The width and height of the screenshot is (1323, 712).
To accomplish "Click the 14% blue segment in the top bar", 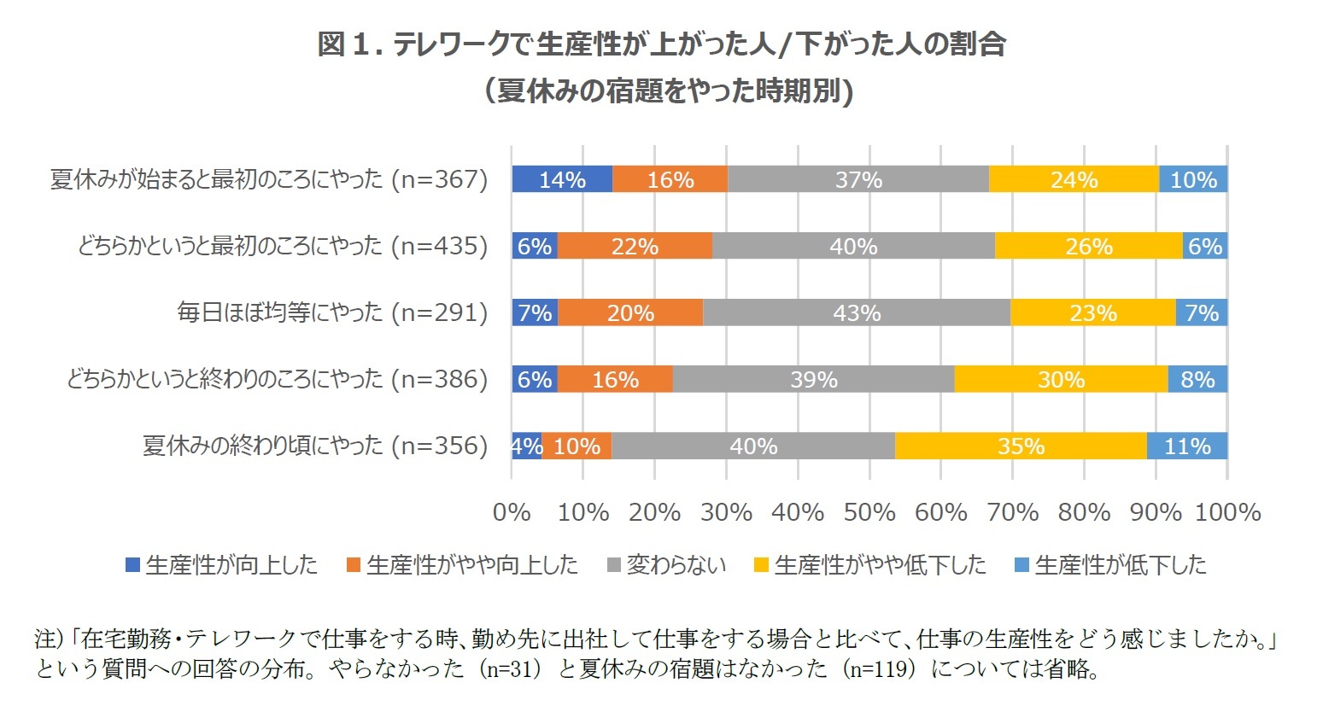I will point(562,179).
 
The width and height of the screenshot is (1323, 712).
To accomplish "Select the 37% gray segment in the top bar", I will point(858,179).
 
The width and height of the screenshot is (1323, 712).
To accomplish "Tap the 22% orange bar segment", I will point(635,246).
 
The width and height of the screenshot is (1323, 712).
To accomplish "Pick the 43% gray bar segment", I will point(856,312).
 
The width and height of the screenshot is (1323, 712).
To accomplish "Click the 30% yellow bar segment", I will point(1061,379).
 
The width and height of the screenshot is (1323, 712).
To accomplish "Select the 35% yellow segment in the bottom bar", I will point(1021,446).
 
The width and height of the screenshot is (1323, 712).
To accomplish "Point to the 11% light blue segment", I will point(1187,446).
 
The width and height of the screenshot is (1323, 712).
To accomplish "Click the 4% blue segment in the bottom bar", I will point(526,446).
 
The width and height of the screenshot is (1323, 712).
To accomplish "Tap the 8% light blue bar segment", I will point(1197,379).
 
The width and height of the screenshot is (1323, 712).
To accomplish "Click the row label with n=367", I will point(269,179).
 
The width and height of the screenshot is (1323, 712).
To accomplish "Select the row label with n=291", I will point(332,312).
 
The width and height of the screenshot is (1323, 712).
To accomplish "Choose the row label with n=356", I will point(315,446).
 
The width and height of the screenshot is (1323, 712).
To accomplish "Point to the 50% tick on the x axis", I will point(869,512).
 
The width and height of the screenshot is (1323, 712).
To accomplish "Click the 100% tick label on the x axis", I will point(1227,512).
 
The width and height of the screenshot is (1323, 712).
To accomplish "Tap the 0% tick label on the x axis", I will point(512,512).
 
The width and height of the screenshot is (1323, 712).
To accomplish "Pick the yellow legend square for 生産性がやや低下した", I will point(762,565).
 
